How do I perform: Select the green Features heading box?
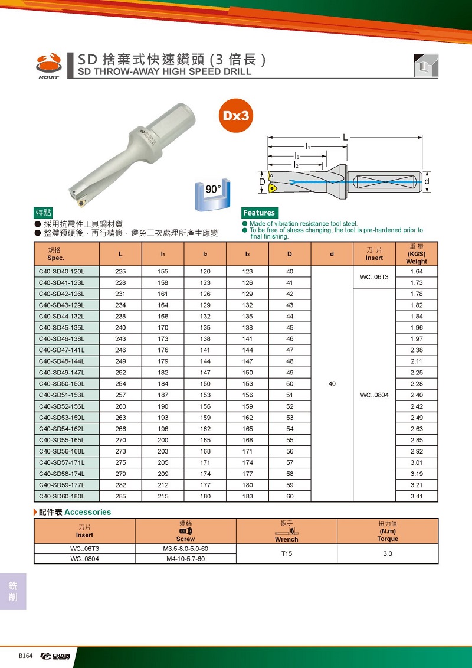coord(259,213)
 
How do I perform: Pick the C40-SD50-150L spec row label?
coord(62,384)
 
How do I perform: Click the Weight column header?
coord(416,254)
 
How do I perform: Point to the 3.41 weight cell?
coord(416,496)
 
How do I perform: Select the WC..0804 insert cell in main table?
coord(374,395)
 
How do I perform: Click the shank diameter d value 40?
coord(332,384)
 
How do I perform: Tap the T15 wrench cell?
coord(286,553)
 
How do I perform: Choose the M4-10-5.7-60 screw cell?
coord(185,559)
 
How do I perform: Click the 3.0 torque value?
coord(387,553)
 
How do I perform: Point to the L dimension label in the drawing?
coord(345,137)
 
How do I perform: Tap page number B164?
coord(26,656)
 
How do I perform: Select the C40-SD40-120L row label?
coord(62,272)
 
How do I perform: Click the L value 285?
coord(120,496)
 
